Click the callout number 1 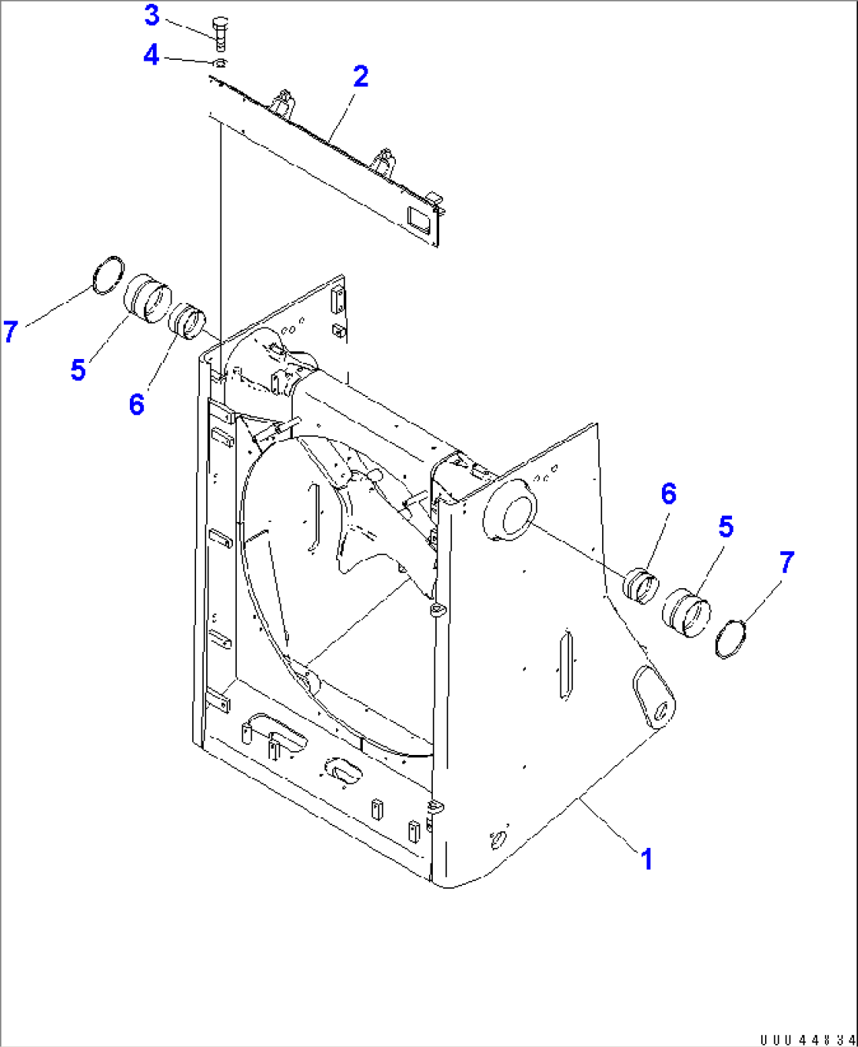click(x=646, y=859)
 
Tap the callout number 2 click(x=361, y=76)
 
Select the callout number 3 click(x=152, y=15)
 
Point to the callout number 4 click(x=151, y=55)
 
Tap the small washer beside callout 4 click(x=220, y=63)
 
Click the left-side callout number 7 click(x=10, y=331)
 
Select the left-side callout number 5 click(x=78, y=369)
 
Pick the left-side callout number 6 click(x=137, y=404)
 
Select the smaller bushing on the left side click(x=188, y=321)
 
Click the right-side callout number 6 click(x=668, y=494)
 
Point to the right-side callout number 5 click(x=726, y=527)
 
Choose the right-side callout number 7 click(x=786, y=562)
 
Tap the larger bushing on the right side click(x=686, y=613)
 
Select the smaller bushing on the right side click(x=642, y=586)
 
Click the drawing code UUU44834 click(x=806, y=1039)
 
